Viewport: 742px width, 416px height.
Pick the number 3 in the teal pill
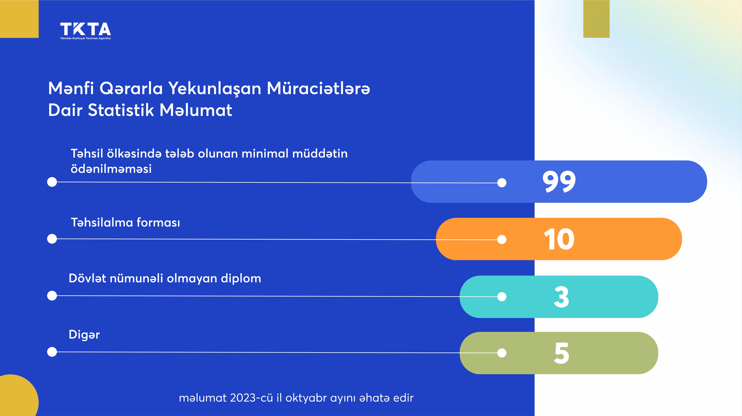pos(561,297)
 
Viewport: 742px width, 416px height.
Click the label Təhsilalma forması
pos(126,222)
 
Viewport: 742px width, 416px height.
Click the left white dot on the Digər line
pos(52,352)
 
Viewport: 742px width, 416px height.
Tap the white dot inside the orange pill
pos(502,239)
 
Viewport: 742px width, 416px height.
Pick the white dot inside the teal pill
pos(502,297)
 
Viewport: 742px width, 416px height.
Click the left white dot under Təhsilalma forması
pos(52,239)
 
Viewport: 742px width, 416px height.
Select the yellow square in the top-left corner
pos(19,19)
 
